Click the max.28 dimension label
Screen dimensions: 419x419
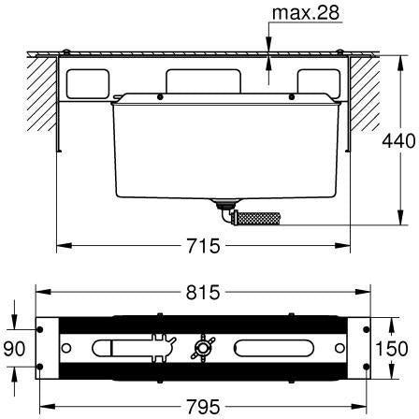pos(306,13)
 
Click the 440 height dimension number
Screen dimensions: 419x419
pos(398,140)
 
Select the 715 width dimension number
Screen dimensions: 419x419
pos(203,246)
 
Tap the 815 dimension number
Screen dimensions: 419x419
pos(203,293)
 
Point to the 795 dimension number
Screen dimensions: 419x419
pos(203,407)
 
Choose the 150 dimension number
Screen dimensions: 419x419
pos(392,348)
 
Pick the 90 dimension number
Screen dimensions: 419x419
pos(14,348)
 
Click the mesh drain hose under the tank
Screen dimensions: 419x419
pos(256,218)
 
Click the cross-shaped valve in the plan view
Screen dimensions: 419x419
pos(203,348)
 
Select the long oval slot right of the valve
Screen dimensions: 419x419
pos(274,348)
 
